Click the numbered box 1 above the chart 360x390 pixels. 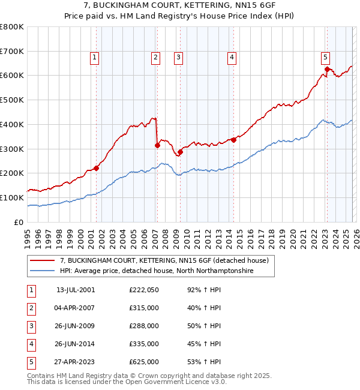[x=95, y=58]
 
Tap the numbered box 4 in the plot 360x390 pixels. [x=232, y=58]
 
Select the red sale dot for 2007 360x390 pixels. [x=157, y=145]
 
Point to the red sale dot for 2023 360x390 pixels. [x=327, y=69]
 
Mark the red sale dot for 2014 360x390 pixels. [x=233, y=140]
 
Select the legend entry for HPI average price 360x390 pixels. [x=157, y=271]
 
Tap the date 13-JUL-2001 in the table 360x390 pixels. [x=76, y=290]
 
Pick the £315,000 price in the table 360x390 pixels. [x=144, y=308]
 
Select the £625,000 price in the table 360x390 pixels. [x=144, y=362]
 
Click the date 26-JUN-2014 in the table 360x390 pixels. [x=76, y=344]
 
